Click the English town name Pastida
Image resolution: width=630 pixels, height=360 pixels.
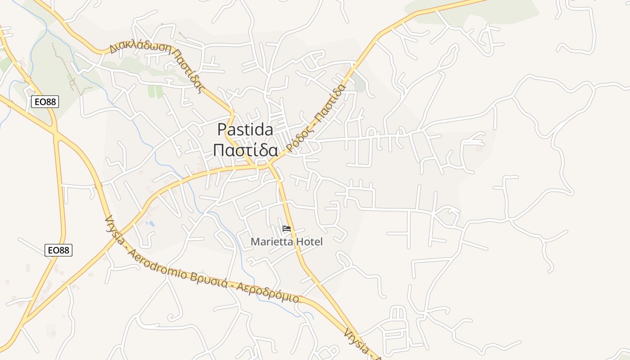[245, 130]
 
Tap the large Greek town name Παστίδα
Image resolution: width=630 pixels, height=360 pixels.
[245, 150]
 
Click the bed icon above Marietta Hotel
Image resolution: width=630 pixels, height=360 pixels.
[286, 229]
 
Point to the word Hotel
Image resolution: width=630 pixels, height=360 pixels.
[308, 242]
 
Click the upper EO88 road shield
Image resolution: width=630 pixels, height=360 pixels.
[45, 102]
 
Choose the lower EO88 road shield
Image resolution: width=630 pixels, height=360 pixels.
[58, 250]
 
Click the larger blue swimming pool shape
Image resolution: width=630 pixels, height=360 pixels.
[151, 223]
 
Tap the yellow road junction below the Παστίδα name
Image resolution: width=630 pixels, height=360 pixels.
[265, 166]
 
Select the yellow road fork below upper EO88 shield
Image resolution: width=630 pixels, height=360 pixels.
[55, 130]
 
